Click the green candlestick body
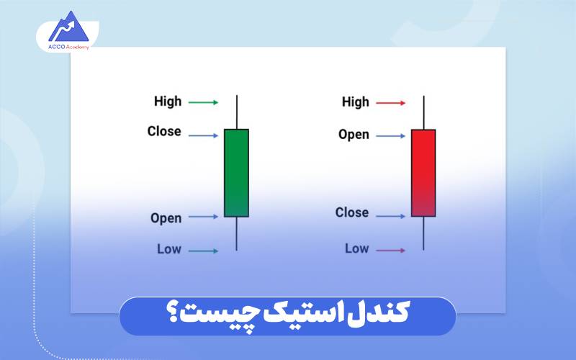click(x=236, y=173)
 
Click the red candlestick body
click(x=423, y=173)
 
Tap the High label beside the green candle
click(x=168, y=102)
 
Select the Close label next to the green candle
click(x=164, y=132)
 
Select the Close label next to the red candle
click(x=352, y=212)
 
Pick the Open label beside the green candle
click(x=166, y=217)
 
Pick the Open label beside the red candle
click(x=354, y=135)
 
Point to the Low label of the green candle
click(x=169, y=249)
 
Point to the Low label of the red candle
click(x=356, y=248)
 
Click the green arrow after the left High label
click(x=203, y=103)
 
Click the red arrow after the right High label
click(x=391, y=103)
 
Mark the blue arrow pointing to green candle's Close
click(x=203, y=135)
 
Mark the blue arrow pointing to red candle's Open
click(x=391, y=135)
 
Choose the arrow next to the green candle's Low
click(x=203, y=251)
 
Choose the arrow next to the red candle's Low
click(x=391, y=251)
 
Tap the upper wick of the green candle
click(x=236, y=112)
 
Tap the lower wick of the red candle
click(x=423, y=233)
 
